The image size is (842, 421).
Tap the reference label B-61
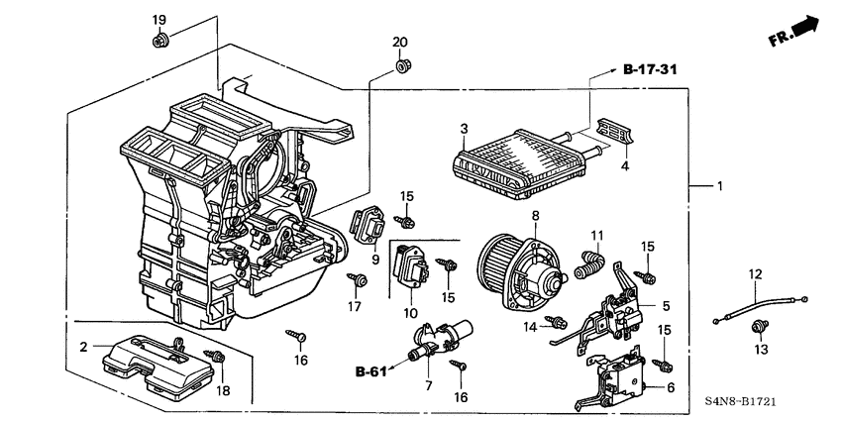click(x=370, y=371)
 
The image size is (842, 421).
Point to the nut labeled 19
click(x=158, y=41)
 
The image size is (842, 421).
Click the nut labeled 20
click(x=402, y=66)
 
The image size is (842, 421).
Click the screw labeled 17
click(x=357, y=282)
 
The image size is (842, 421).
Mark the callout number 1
click(x=720, y=186)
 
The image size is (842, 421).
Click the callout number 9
click(x=375, y=261)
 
